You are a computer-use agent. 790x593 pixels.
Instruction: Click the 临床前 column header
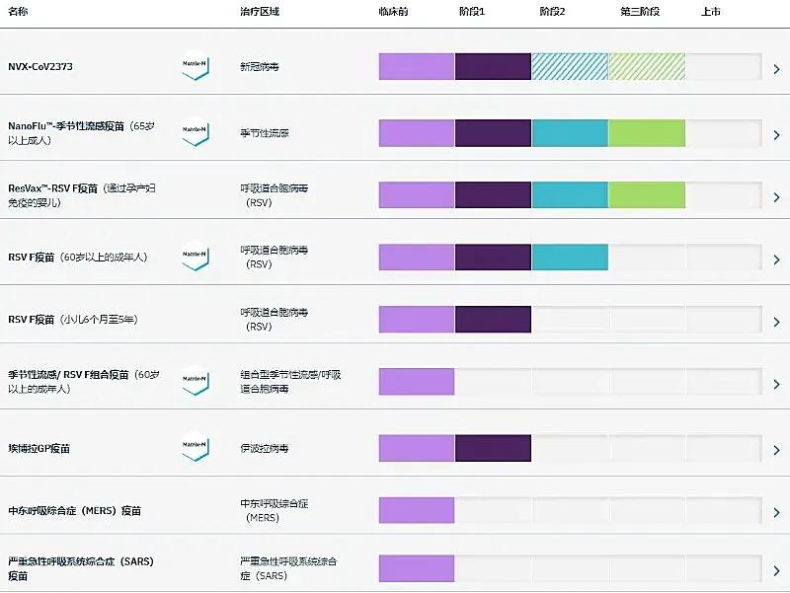pyautogui.click(x=392, y=12)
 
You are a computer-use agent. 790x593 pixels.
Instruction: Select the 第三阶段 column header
pyautogui.click(x=639, y=12)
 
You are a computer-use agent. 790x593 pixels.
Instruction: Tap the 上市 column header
pyautogui.click(x=710, y=12)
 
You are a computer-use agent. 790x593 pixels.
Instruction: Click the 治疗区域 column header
pyautogui.click(x=260, y=12)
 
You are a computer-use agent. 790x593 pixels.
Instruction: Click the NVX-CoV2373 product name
pyautogui.click(x=40, y=67)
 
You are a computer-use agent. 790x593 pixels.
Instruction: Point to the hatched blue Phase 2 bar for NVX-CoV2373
pyautogui.click(x=570, y=66)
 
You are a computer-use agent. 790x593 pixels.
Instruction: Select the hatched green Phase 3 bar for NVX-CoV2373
pyautogui.click(x=647, y=66)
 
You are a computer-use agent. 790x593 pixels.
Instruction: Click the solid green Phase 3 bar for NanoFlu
pyautogui.click(x=647, y=132)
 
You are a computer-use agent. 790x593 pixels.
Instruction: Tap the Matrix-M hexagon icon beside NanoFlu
pyautogui.click(x=195, y=132)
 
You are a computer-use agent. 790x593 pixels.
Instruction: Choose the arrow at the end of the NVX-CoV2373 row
pyautogui.click(x=777, y=69)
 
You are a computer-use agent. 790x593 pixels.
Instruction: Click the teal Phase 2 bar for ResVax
pyautogui.click(x=570, y=194)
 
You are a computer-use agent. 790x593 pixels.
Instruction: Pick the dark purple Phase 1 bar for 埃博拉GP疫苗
pyautogui.click(x=493, y=447)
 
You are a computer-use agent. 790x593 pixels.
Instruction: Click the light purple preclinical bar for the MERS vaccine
pyautogui.click(x=417, y=510)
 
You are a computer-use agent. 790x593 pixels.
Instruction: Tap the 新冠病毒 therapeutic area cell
pyautogui.click(x=260, y=67)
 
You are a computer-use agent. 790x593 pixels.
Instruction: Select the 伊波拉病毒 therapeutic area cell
pyautogui.click(x=265, y=448)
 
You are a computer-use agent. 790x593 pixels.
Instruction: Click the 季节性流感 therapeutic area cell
pyautogui.click(x=265, y=132)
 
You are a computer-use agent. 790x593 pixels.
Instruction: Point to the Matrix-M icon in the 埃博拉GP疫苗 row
pyautogui.click(x=195, y=447)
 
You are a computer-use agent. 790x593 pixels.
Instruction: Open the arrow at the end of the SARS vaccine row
pyautogui.click(x=777, y=571)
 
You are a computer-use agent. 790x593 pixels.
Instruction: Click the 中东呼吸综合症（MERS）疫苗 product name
pyautogui.click(x=74, y=511)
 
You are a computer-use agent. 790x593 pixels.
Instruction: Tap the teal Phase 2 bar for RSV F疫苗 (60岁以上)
pyautogui.click(x=570, y=257)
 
